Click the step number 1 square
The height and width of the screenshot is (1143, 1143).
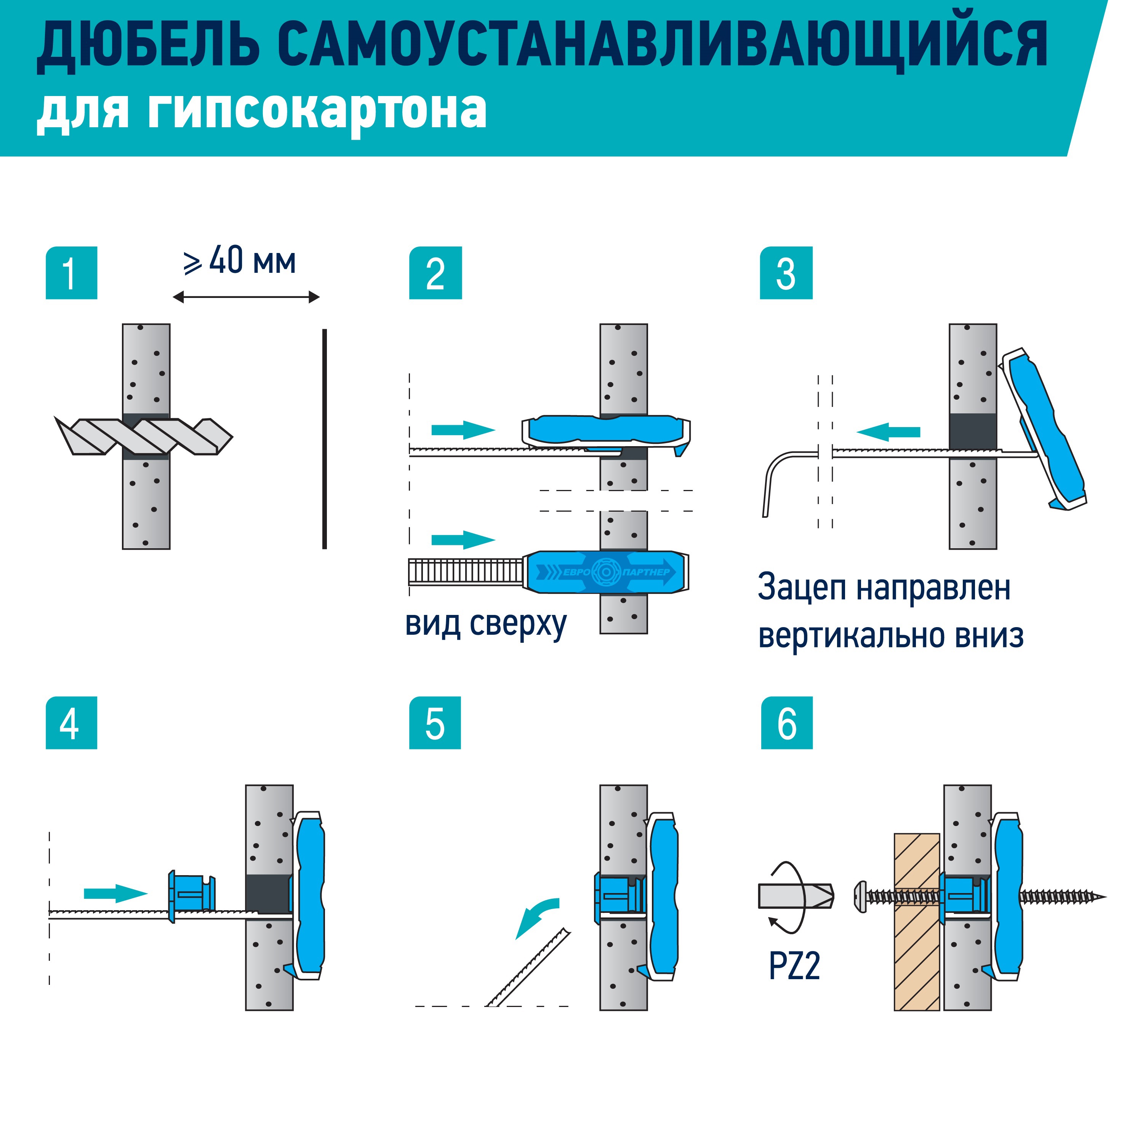tap(71, 273)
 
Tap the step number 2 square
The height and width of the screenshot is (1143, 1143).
tap(435, 273)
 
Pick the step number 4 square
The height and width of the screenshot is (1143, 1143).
tap(71, 724)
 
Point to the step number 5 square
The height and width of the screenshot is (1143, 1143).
tap(435, 724)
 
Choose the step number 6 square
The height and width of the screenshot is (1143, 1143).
tap(786, 724)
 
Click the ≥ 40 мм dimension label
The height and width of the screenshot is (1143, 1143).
tap(240, 261)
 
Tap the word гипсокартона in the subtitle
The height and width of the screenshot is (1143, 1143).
tap(317, 110)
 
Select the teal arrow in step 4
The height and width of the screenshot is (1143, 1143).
tap(115, 893)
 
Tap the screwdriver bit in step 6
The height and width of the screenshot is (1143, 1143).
tap(796, 896)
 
